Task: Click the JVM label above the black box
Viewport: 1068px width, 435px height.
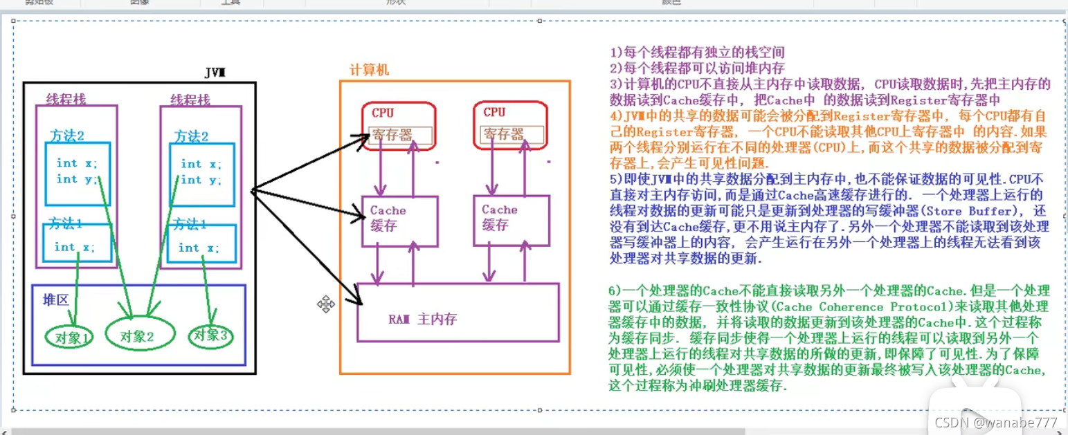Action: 215,73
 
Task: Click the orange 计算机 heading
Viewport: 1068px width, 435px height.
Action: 369,70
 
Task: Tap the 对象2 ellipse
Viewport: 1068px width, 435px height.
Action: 136,336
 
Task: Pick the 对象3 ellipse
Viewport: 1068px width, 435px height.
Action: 210,335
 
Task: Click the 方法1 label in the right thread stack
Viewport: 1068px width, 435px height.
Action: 190,224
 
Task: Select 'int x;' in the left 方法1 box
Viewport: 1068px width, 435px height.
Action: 75,247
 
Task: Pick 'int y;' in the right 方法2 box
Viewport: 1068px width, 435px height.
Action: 201,180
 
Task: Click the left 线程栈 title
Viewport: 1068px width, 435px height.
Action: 66,99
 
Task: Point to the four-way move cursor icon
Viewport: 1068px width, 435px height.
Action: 326,304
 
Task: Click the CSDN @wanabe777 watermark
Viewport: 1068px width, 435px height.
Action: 995,422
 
